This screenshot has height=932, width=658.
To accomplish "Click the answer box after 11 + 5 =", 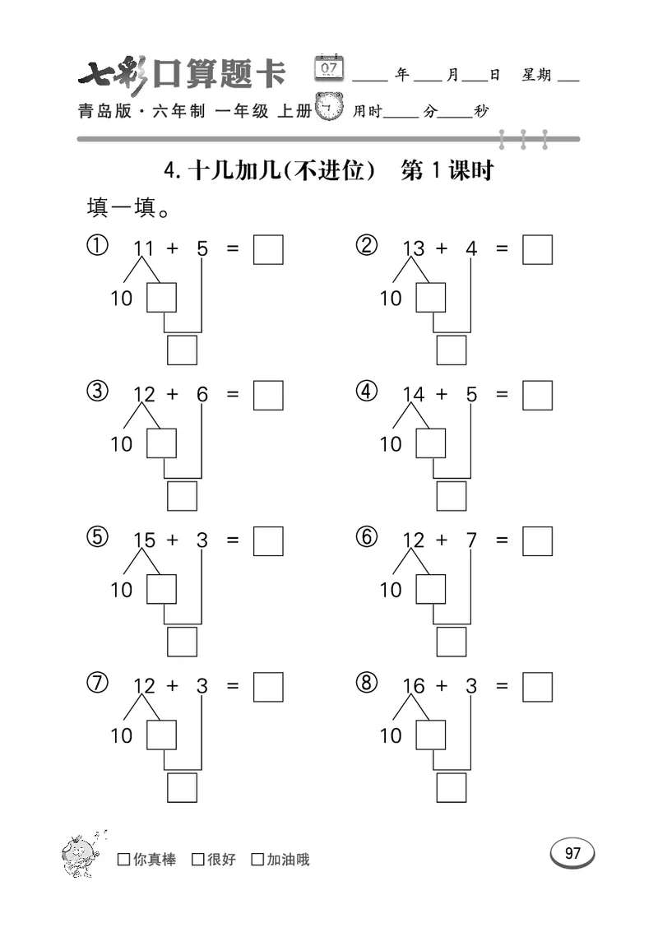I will tap(268, 249).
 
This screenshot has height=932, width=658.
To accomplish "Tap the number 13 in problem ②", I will tap(413, 248).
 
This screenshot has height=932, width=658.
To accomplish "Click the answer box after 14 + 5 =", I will tap(537, 395).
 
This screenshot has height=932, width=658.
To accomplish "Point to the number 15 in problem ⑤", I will tap(144, 540).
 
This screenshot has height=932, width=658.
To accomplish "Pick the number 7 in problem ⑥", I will tap(471, 540).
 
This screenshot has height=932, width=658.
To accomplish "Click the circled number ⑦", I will tap(97, 683).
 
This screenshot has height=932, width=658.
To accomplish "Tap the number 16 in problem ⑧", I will tap(413, 686).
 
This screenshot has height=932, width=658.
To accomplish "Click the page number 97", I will tap(572, 853).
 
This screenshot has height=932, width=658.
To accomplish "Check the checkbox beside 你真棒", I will tap(124, 860).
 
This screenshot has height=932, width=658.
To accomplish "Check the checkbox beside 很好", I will tap(198, 860).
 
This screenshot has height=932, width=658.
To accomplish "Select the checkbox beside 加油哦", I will tap(257, 860).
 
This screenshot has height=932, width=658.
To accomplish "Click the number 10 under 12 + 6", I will tap(121, 444).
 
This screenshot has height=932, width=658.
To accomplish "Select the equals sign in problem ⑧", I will tap(502, 686).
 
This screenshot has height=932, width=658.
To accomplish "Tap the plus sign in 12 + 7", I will tap(442, 540).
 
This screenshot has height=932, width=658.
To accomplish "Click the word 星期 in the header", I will tap(536, 75).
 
